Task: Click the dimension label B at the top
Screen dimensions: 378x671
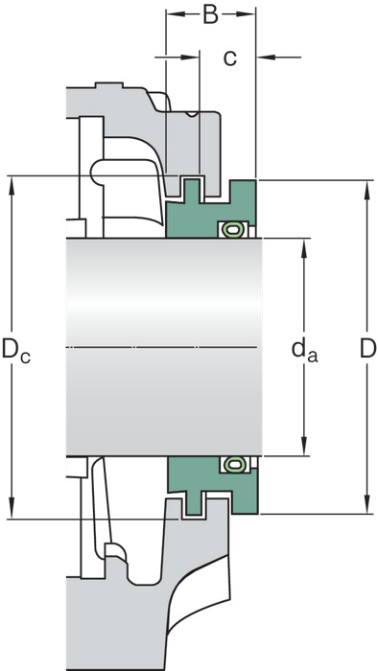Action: (x=210, y=14)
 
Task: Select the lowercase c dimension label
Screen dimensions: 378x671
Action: (x=230, y=58)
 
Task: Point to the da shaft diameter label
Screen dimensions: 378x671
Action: (x=304, y=350)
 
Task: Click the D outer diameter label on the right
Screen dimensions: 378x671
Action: (x=367, y=348)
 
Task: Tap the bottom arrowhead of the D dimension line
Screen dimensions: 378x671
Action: (x=366, y=504)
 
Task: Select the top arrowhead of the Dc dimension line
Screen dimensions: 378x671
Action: (x=12, y=186)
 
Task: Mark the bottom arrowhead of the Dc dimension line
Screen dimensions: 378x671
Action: (x=12, y=509)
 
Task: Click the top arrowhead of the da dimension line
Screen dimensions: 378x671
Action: (x=304, y=248)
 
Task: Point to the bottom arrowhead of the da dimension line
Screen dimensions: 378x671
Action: (x=304, y=446)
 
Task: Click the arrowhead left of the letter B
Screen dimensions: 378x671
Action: (x=176, y=14)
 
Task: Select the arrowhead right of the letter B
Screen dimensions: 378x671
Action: (x=246, y=14)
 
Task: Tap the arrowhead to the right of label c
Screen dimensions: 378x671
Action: (x=266, y=57)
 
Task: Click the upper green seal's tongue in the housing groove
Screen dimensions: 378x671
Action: (x=192, y=191)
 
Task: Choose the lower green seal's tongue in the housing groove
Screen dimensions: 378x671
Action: (x=193, y=503)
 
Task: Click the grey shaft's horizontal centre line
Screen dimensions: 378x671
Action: (x=162, y=347)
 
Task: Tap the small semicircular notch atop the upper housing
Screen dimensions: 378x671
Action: (x=191, y=114)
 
